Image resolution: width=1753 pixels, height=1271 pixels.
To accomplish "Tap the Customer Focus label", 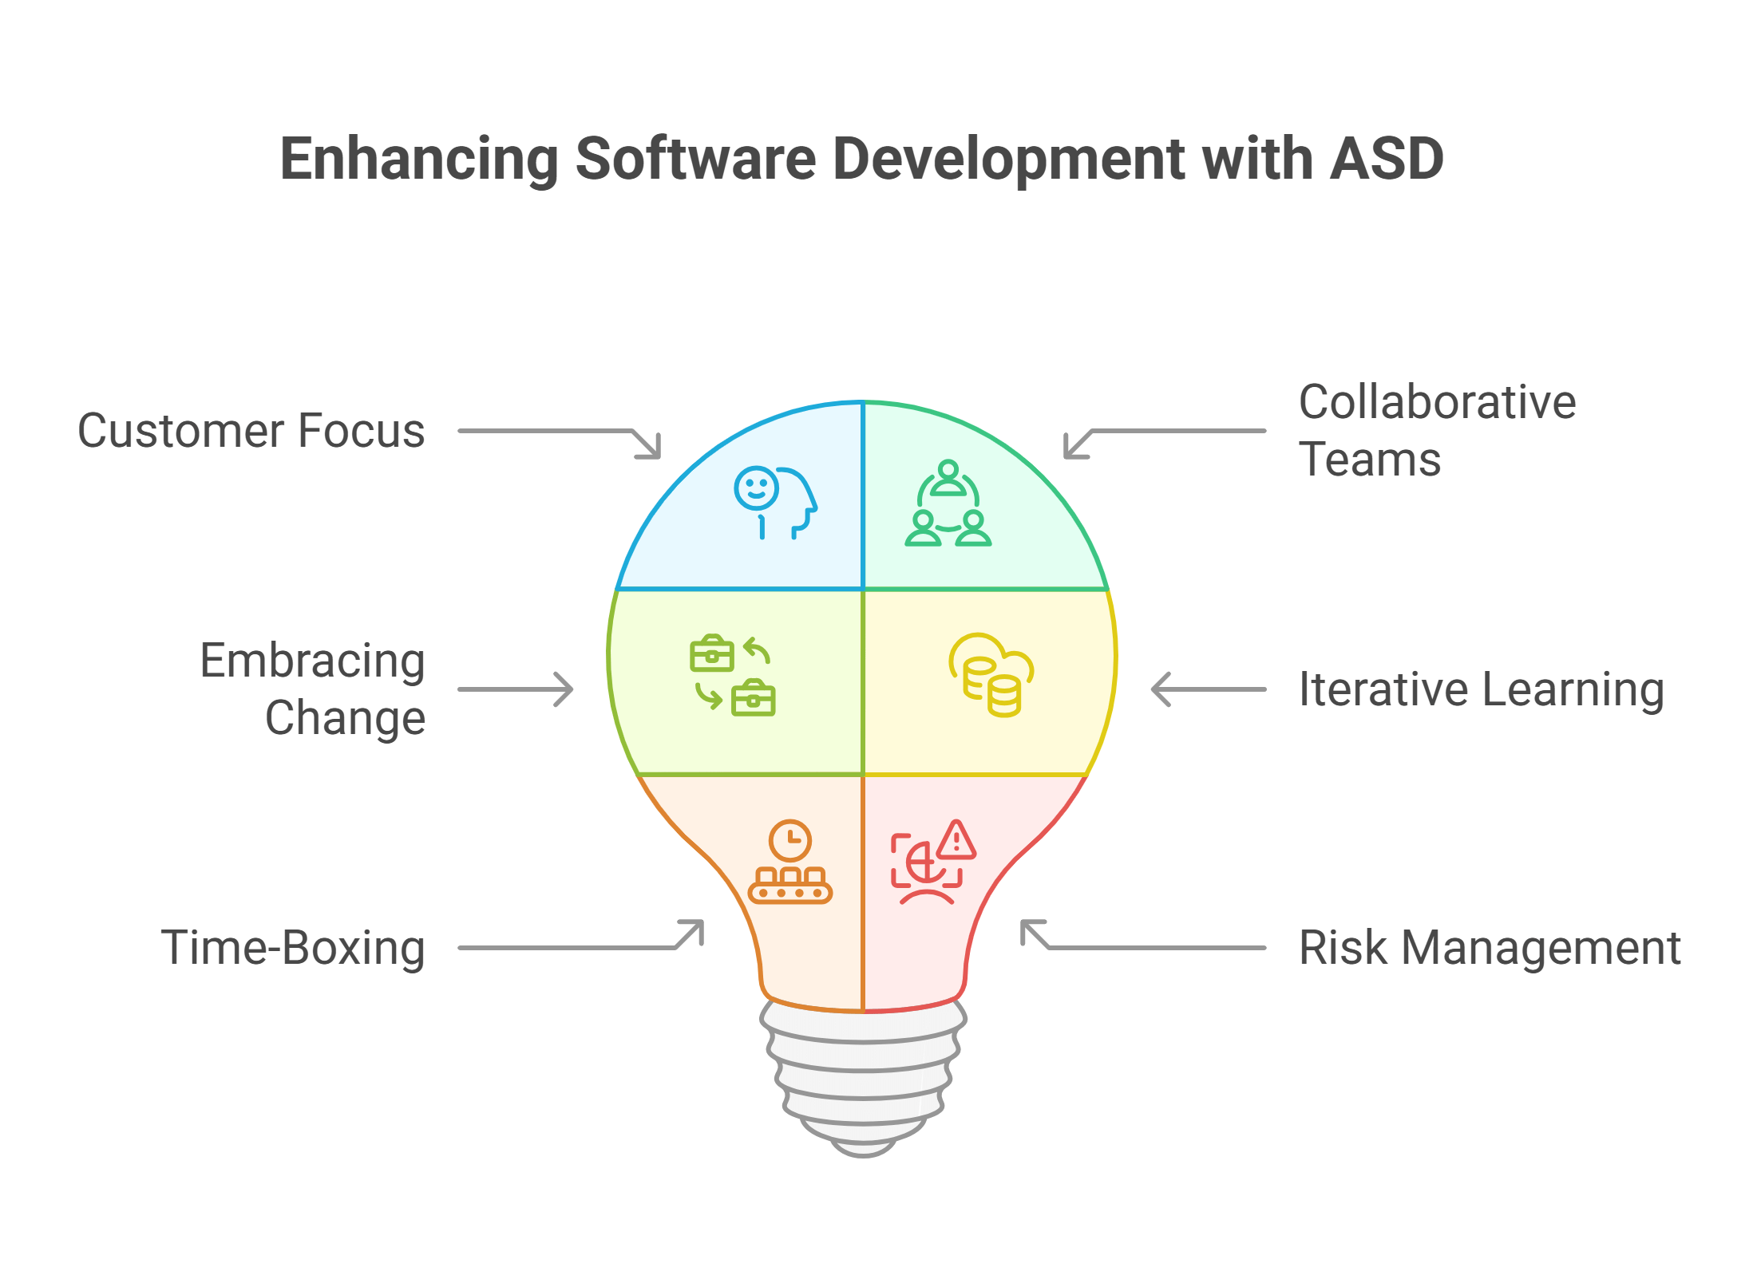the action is [x=251, y=431].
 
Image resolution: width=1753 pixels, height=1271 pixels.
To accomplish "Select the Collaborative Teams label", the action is [x=1437, y=430].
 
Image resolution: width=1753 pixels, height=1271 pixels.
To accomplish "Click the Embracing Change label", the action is [x=312, y=689].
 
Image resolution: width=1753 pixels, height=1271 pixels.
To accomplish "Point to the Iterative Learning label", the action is [x=1482, y=689].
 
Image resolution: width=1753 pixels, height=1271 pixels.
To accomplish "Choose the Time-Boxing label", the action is [x=293, y=948].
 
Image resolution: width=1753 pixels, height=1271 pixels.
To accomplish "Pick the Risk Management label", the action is [x=1490, y=948].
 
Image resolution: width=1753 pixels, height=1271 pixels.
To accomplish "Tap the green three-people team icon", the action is [x=948, y=503].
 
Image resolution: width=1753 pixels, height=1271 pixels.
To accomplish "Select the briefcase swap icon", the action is [x=733, y=675].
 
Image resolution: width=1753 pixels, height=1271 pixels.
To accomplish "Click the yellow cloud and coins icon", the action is [x=991, y=675].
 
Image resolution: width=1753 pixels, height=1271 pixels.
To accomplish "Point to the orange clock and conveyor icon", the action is [x=790, y=862].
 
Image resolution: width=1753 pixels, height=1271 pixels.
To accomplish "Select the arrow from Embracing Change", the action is [x=516, y=689].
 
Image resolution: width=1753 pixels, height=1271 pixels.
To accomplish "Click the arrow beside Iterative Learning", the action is [x=1209, y=689].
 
